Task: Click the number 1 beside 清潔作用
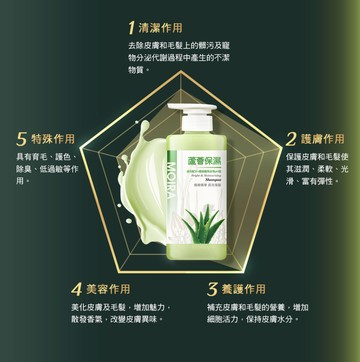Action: point(132,26)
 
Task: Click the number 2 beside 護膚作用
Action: point(291,139)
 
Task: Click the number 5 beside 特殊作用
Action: point(22,139)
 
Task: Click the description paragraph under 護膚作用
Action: point(319,172)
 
